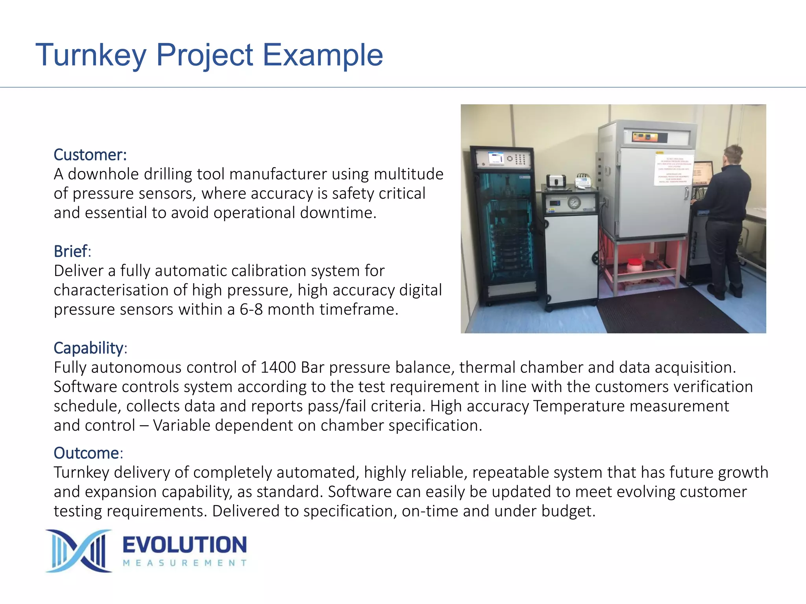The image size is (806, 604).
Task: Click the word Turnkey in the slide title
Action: pos(91,55)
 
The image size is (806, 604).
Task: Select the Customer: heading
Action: pos(90,155)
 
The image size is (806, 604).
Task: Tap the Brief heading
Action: pos(71,251)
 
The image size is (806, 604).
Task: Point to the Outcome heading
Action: pos(87,453)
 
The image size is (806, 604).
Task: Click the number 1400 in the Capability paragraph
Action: pos(278,367)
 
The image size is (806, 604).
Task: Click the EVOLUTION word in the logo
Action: pos(185,545)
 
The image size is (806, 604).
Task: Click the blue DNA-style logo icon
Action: pos(79,551)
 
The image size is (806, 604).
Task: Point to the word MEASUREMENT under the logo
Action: pos(185,563)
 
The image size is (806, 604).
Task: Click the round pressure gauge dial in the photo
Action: pos(574,203)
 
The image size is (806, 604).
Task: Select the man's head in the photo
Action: pos(732,155)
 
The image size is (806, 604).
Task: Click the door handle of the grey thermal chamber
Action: pos(686,193)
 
